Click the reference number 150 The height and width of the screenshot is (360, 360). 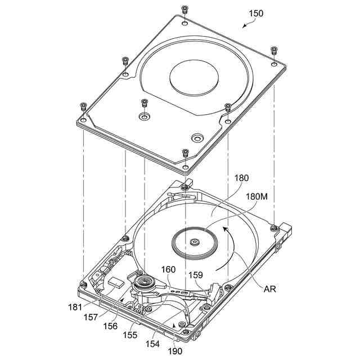coord(256,13)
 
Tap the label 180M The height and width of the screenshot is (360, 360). coord(256,197)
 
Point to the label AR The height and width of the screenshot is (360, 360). coord(270,289)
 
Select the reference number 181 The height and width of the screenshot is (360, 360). coord(75,307)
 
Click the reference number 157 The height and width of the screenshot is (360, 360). coord(91,317)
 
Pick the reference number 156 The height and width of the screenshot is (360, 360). coord(110,326)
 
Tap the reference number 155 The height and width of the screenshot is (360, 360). coord(130,335)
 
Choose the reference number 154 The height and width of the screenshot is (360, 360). coord(152,344)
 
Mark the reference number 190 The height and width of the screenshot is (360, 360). coord(175,351)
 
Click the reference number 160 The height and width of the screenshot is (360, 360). coord(168,269)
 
